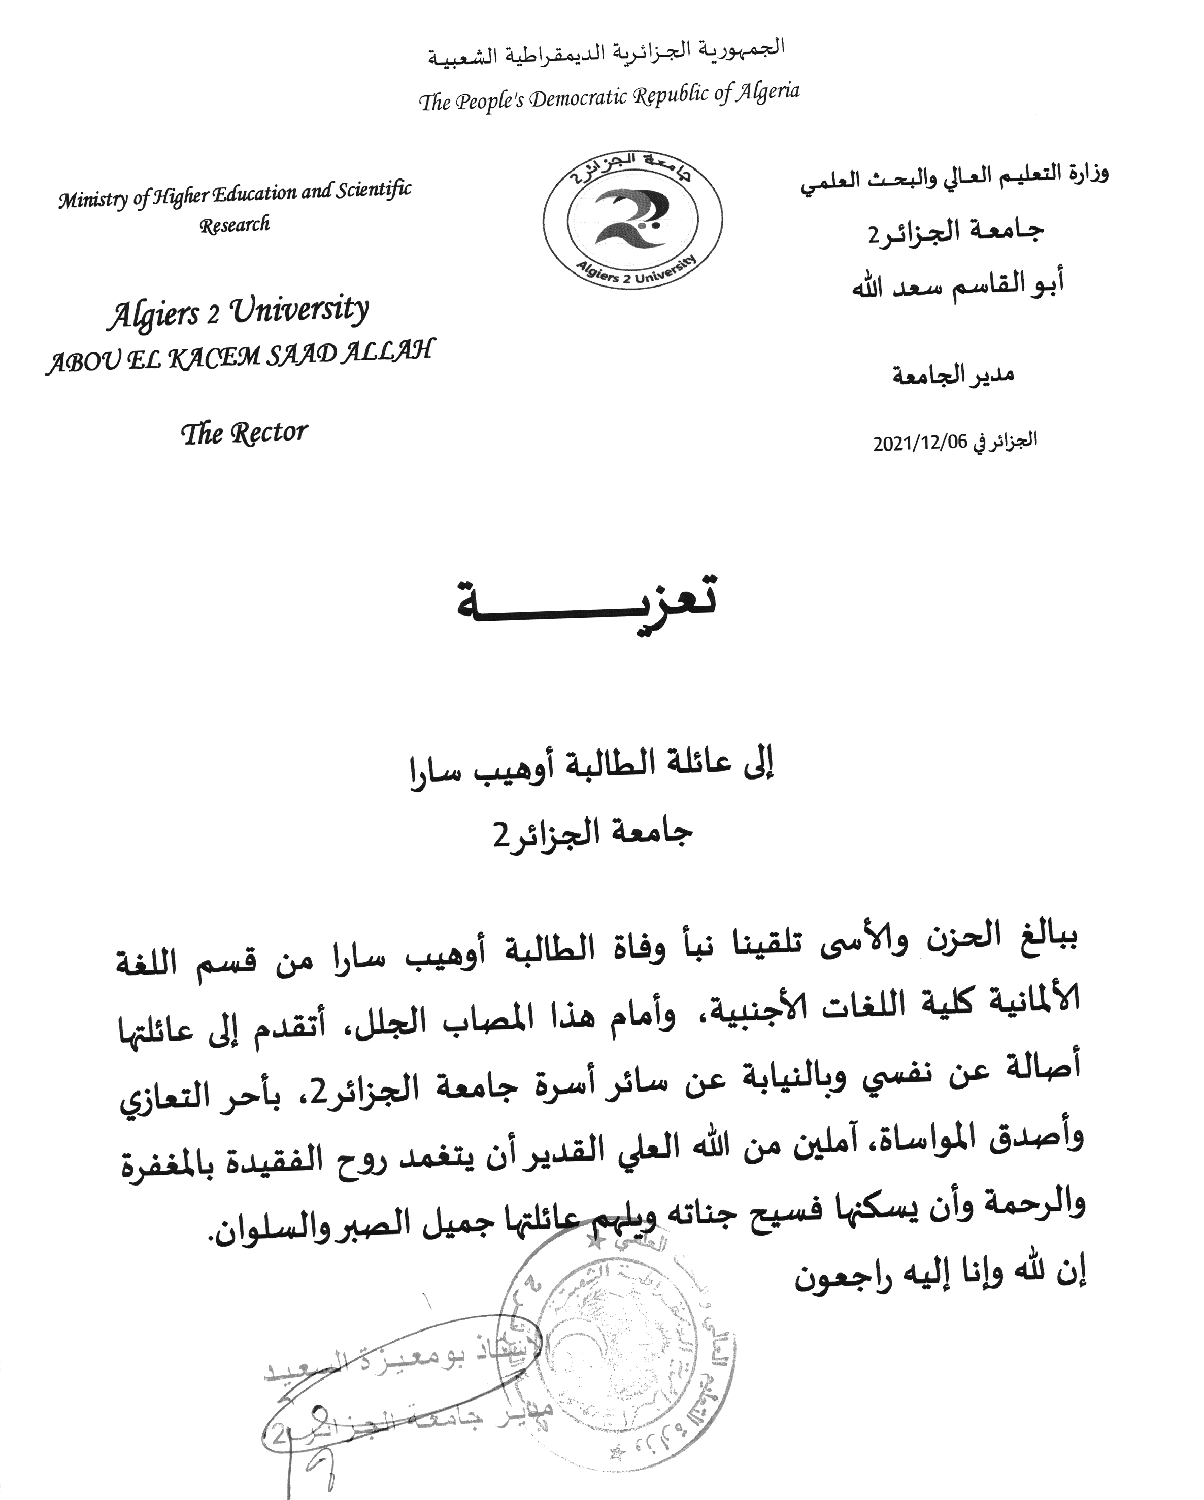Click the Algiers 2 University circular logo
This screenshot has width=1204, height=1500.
(x=632, y=220)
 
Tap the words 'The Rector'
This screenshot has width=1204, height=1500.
(x=244, y=433)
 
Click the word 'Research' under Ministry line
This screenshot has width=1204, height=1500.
(x=235, y=225)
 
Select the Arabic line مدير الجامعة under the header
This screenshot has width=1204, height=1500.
(x=953, y=376)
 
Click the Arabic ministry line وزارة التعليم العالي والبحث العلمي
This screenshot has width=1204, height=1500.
(x=954, y=178)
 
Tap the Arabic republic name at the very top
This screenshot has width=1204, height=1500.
(x=606, y=52)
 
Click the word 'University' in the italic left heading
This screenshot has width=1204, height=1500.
(x=299, y=310)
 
